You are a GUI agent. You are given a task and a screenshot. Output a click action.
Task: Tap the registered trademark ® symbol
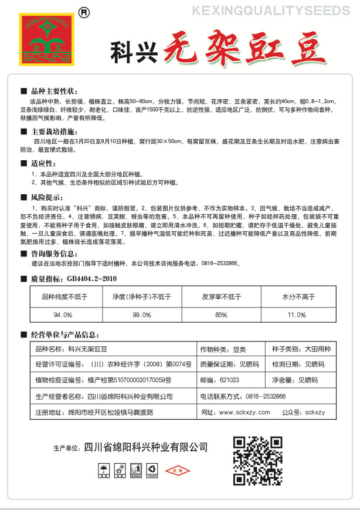tap(84, 11)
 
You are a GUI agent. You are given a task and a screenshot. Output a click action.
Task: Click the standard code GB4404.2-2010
tap(92, 278)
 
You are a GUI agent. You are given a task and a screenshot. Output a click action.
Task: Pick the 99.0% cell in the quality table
tap(142, 315)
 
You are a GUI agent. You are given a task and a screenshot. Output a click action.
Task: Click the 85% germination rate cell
tap(221, 315)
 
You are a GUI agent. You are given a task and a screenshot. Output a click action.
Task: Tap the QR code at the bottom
tap(259, 460)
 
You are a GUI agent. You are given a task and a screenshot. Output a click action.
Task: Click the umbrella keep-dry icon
tap(104, 470)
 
